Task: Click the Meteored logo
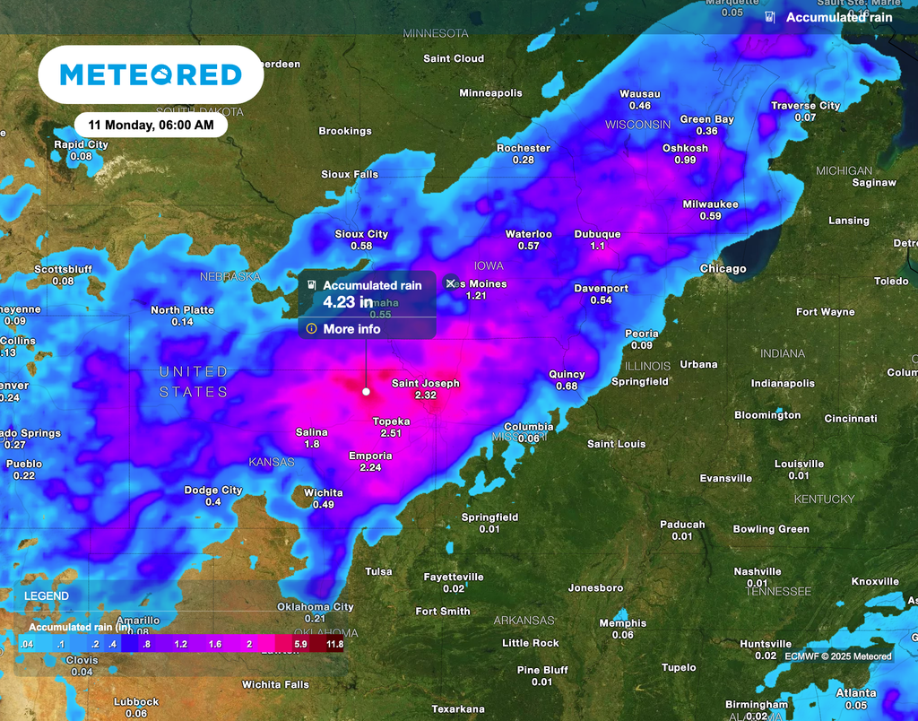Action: point(151,74)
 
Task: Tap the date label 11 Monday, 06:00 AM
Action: point(151,126)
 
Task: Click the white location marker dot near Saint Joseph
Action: point(366,392)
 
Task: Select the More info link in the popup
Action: point(351,329)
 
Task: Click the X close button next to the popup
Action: point(451,283)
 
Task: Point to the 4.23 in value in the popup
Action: point(348,302)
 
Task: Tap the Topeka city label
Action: point(391,421)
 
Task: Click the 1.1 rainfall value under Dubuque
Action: point(598,246)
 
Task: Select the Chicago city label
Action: point(723,269)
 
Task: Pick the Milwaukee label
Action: point(710,204)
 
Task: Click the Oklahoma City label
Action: point(315,607)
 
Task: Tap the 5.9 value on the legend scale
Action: point(300,644)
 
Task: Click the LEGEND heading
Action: point(46,595)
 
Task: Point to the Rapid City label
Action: point(81,144)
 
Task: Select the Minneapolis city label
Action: point(490,93)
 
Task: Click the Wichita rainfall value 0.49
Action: point(323,505)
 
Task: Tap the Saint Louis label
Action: point(616,444)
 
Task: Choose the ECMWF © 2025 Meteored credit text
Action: point(837,656)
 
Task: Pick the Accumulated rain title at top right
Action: point(839,17)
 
